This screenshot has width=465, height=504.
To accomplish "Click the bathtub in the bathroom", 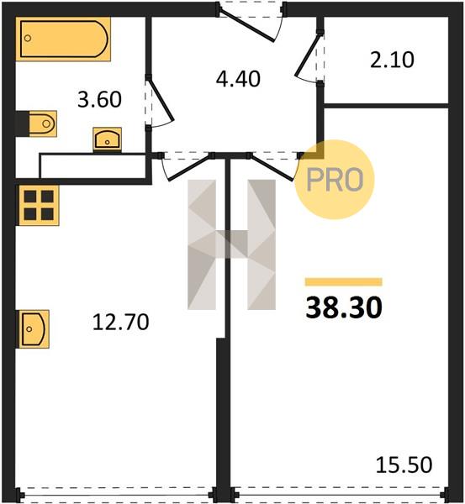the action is (x=63, y=39).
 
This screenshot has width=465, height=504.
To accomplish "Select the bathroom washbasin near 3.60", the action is (x=107, y=139).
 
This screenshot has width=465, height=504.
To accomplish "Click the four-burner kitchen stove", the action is (x=39, y=206).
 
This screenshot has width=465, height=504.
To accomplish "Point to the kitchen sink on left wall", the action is (x=33, y=328).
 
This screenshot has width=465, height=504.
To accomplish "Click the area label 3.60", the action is (x=99, y=99).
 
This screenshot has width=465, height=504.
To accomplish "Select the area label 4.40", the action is (x=238, y=79).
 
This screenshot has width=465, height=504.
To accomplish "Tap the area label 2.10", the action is (x=392, y=60).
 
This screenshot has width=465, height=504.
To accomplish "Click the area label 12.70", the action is (x=121, y=323).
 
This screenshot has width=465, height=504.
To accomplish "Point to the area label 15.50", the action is (x=404, y=465).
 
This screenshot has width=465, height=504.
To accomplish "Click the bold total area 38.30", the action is (x=344, y=307).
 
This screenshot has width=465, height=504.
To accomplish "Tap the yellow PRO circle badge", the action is (x=335, y=180).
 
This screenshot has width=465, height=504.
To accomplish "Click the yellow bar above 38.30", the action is (x=344, y=282).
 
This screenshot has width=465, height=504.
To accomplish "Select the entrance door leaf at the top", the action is (x=247, y=25).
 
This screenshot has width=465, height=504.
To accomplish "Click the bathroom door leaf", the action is (x=161, y=100).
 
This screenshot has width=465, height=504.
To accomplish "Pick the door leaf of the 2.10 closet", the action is (x=309, y=55).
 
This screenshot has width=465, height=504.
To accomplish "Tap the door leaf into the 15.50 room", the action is (x=272, y=168).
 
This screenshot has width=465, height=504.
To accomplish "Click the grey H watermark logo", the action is (x=232, y=244).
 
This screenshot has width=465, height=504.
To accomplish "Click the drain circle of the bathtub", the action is (x=28, y=39).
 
